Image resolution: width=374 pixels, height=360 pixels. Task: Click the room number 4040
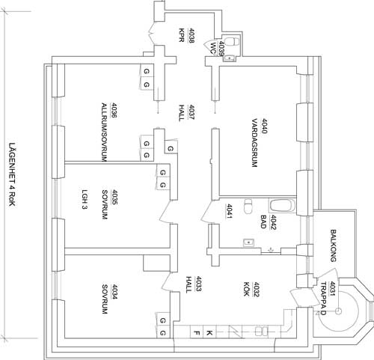point(264,126)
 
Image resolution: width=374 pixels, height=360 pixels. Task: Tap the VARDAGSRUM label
point(254,143)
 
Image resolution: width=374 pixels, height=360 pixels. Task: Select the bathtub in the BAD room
point(283,206)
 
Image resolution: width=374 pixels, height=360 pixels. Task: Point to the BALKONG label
point(334,245)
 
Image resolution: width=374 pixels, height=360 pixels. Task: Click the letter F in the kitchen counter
point(197,333)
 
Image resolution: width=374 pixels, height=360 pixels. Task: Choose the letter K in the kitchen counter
point(209,333)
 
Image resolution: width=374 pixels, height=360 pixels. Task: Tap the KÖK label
point(246,289)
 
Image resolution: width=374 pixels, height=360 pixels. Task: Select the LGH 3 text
point(85,199)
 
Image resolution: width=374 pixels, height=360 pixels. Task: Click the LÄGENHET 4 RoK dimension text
point(12,174)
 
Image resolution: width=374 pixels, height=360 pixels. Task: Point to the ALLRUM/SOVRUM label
point(104,132)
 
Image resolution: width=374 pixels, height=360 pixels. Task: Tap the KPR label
point(182,35)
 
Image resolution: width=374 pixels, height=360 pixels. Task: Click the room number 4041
point(229,212)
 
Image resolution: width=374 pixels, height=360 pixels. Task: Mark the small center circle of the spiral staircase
point(338,311)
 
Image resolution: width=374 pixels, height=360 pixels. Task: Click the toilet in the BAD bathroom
point(248,207)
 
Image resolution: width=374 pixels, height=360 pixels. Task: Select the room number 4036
point(115,111)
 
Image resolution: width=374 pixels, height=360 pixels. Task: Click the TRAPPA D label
point(323,299)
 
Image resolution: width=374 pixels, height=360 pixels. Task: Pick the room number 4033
point(198,284)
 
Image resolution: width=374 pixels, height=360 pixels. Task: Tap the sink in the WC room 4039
point(230,59)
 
